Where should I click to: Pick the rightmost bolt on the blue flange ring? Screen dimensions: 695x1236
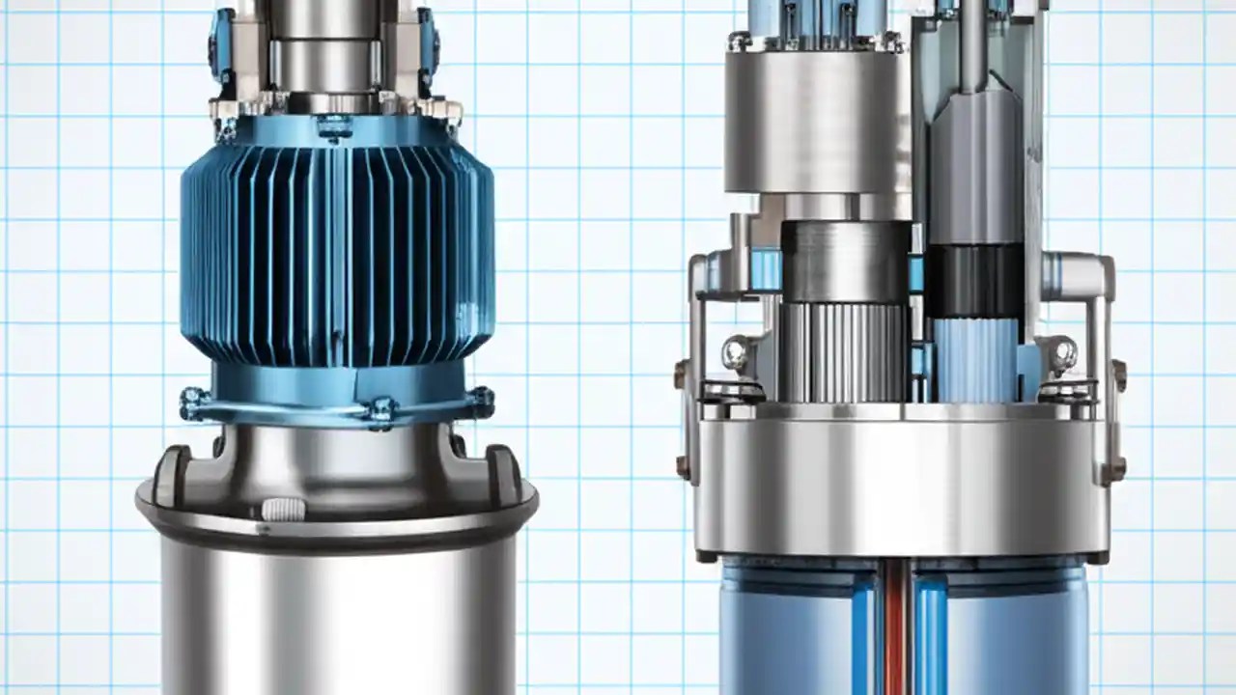click(480, 400)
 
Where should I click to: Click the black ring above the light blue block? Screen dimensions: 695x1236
click(975, 281)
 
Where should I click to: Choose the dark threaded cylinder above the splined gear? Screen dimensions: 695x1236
click(845, 262)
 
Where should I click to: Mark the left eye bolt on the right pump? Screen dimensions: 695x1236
click(737, 352)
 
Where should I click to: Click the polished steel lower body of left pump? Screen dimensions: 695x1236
click(337, 608)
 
